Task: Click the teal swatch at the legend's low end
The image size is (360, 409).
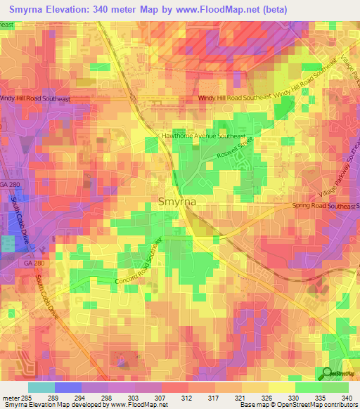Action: click(41, 387)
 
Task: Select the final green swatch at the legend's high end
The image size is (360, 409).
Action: click(335, 387)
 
